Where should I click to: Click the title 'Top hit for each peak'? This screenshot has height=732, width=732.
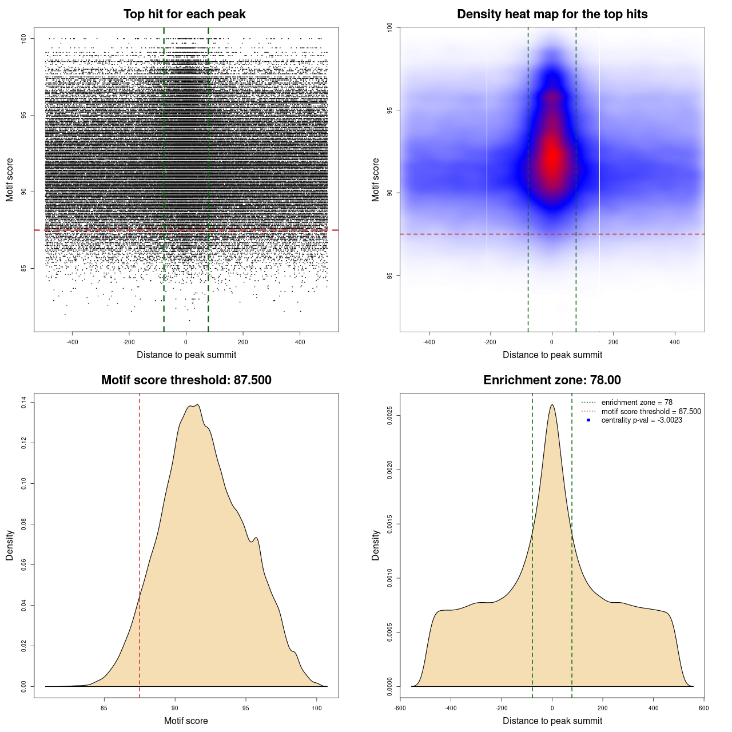184,14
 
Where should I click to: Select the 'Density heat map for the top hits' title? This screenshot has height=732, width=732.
552,14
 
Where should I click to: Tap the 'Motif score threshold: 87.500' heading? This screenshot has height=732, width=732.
186,380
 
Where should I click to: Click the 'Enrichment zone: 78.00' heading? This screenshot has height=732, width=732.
552,380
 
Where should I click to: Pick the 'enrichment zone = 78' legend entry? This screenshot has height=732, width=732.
636,403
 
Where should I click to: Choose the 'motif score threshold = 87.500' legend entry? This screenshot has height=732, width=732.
651,412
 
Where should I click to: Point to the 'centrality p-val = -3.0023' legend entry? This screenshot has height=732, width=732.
642,420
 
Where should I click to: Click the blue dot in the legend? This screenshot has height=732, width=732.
588,420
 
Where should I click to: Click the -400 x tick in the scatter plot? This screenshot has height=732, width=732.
72,343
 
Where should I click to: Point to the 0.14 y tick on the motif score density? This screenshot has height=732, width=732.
23,403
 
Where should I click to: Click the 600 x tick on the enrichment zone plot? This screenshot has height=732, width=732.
704,708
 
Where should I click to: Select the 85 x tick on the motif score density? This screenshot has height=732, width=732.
104,708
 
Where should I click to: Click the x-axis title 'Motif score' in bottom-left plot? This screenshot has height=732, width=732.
186,721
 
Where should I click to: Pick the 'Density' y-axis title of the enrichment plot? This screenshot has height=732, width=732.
376,545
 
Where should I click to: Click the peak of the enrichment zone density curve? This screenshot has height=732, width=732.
552,405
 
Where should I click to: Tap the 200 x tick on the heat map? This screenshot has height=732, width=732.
613,343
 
